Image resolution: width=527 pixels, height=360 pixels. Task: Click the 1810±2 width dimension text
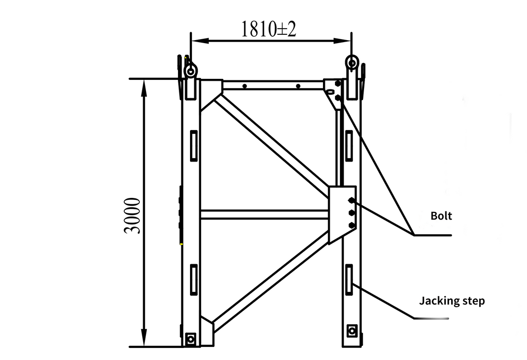point(269,30)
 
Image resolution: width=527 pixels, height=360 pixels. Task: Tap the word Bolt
point(441,216)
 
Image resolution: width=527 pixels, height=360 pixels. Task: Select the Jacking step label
point(452,301)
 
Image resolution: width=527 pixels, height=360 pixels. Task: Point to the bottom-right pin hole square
point(352,331)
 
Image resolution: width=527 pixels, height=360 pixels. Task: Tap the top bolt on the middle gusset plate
point(351,201)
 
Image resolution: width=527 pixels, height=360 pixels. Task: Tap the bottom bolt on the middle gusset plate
point(351,225)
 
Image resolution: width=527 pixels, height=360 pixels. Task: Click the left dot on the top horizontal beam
point(245,86)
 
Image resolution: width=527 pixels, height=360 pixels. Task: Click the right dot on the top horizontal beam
point(298,86)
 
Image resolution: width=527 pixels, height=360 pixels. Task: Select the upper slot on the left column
point(193,146)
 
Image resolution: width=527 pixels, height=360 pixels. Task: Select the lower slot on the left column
point(193,279)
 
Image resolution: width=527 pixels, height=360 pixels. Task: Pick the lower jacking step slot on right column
point(349,279)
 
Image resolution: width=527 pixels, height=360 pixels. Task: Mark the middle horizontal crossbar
point(263,214)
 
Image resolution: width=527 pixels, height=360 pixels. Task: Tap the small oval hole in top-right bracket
point(331,90)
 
